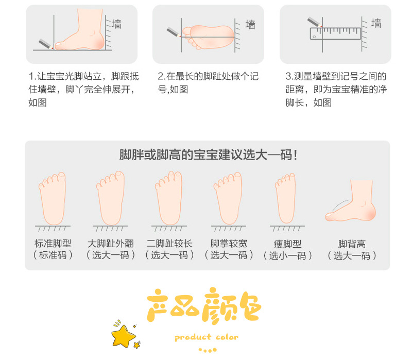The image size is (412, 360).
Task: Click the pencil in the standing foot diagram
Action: [45, 43]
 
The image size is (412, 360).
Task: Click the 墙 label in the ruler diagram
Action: [376, 23]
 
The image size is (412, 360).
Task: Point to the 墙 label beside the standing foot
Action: [117, 24]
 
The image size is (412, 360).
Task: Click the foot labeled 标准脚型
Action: [53, 198]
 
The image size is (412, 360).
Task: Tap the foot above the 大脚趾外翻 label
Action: [111, 198]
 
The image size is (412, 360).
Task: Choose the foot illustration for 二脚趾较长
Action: [169, 198]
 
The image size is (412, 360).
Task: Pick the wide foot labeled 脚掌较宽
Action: [229, 198]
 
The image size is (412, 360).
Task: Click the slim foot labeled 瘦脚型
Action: [286, 198]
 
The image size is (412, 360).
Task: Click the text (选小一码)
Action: [288, 255]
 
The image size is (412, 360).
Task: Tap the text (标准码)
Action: [53, 255]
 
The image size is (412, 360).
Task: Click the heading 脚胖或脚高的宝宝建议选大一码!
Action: [208, 155]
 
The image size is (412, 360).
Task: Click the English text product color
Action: [206, 337]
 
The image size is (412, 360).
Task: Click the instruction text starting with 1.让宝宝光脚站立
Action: [83, 89]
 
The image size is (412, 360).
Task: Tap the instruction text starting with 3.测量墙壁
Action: [336, 89]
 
